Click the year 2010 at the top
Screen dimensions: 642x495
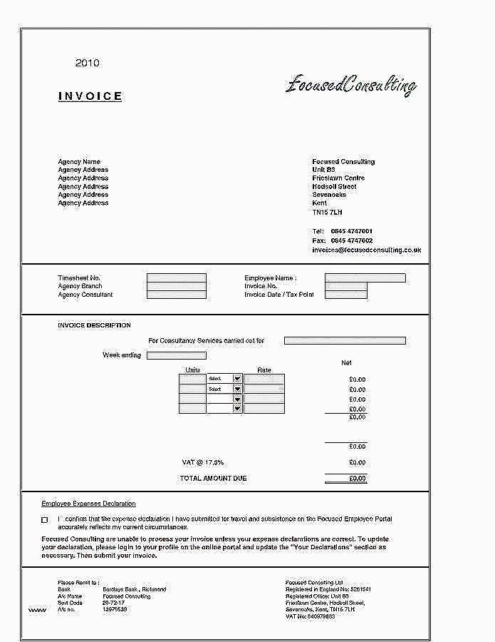87,63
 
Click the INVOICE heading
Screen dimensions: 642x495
90,96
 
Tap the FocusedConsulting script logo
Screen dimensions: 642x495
350,86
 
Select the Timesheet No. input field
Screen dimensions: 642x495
176,278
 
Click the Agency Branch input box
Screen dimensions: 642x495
176,286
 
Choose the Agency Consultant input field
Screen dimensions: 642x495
176,295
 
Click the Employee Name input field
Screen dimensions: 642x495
365,278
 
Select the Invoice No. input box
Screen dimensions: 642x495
345,286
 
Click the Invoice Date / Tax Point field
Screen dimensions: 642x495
345,295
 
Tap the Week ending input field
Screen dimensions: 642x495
176,355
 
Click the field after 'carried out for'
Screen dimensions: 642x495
345,341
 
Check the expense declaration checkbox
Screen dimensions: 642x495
45,519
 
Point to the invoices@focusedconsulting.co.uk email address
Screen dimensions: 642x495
366,250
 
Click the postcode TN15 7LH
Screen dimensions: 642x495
327,212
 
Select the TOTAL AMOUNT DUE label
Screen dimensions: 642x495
213,478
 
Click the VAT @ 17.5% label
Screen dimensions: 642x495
203,462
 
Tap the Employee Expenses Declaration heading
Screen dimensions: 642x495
88,504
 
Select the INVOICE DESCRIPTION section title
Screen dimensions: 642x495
94,325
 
